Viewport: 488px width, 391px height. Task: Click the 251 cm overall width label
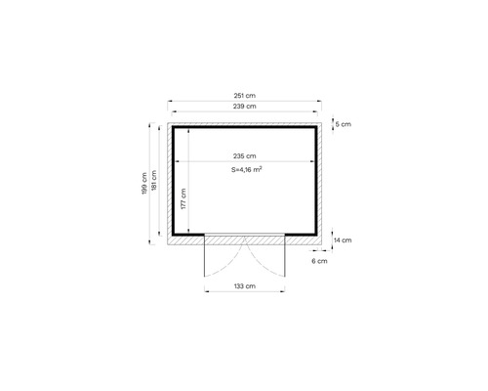click(245, 94)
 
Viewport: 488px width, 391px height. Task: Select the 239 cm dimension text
click(245, 106)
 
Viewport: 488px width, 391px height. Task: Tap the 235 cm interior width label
click(245, 155)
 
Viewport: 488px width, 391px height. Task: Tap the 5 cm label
click(342, 124)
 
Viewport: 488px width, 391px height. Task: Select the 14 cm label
click(343, 239)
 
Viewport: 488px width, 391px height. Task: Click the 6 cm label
click(319, 262)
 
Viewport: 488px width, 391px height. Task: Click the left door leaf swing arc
click(226, 259)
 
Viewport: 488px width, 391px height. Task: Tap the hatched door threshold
click(244, 239)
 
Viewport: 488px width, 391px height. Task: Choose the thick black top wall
click(245, 126)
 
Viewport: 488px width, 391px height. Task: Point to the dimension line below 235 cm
click(245, 161)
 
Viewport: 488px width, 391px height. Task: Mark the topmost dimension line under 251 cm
click(245, 100)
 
